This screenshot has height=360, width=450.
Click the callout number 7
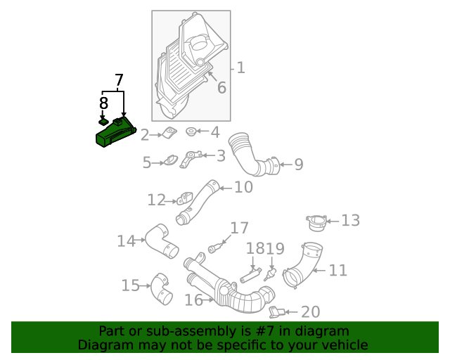(x=118, y=80)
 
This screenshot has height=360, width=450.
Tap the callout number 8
(x=103, y=103)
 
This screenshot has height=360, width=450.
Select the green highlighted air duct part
(x=115, y=133)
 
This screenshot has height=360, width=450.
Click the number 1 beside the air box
(x=240, y=67)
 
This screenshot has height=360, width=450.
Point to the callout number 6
(x=221, y=87)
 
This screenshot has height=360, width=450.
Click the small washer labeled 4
(x=191, y=131)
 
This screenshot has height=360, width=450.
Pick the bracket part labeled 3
(x=192, y=158)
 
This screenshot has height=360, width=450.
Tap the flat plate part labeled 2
(x=169, y=133)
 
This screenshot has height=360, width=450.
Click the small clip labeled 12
(x=186, y=198)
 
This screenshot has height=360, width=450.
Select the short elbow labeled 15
(x=161, y=288)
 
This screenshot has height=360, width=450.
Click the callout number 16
(x=193, y=300)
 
